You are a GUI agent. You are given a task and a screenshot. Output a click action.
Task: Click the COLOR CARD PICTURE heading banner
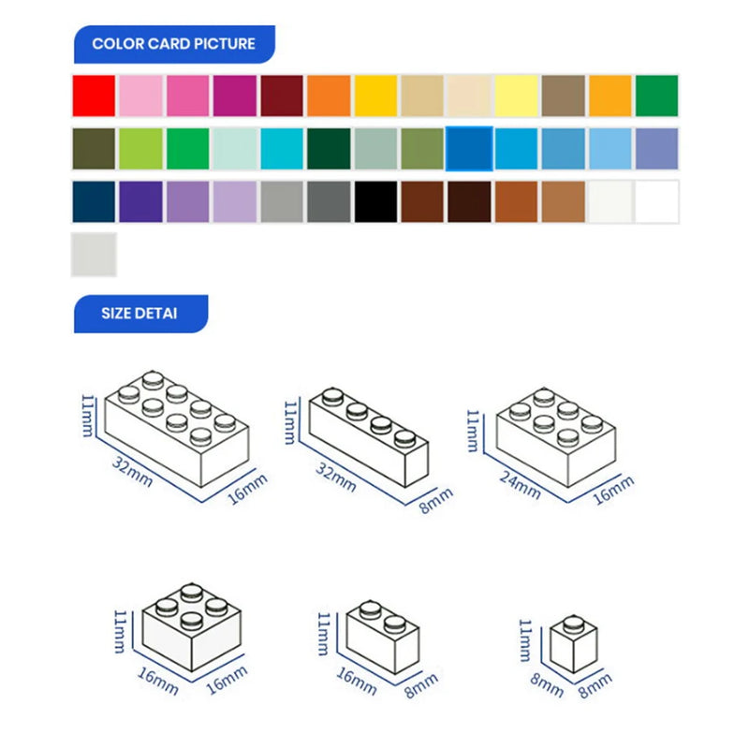(173, 44)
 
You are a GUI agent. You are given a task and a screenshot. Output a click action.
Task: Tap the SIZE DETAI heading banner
(140, 314)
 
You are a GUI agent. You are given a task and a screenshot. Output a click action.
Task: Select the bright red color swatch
(94, 95)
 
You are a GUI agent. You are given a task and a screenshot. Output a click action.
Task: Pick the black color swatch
(375, 201)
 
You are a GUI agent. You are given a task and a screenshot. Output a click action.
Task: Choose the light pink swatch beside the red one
(140, 95)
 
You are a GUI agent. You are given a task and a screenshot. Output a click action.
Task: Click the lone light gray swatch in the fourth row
(94, 255)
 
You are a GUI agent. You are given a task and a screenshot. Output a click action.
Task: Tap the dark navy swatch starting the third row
(94, 201)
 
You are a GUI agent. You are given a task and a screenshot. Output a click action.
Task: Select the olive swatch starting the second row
(94, 149)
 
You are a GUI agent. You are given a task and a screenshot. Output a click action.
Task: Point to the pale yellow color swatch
(516, 95)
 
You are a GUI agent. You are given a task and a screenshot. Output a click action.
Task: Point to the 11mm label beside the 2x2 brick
(119, 629)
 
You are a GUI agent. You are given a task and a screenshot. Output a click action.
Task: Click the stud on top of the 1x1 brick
(573, 622)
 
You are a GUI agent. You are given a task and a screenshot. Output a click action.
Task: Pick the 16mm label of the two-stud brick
(356, 681)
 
